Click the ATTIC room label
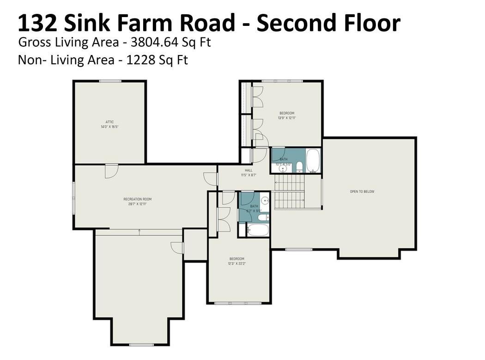(x=109, y=124)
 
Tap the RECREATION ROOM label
(x=137, y=201)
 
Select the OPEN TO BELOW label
(x=362, y=191)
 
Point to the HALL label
(x=249, y=172)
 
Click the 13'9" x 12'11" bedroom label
(x=286, y=116)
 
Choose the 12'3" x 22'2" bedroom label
(x=237, y=261)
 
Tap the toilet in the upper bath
(x=299, y=166)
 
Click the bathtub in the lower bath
(x=257, y=230)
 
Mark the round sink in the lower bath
(x=265, y=201)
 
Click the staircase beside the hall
(x=289, y=192)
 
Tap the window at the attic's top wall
(x=110, y=81)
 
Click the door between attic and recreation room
(x=111, y=171)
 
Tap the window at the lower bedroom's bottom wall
(x=238, y=303)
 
